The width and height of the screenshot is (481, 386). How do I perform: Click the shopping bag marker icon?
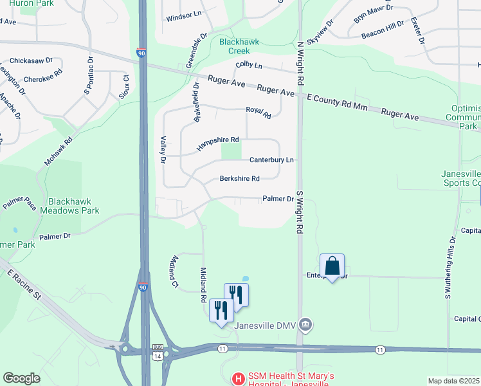tap(332, 266)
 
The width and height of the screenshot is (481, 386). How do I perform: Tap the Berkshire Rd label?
tap(239, 178)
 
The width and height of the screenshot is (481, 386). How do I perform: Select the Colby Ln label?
tap(249, 66)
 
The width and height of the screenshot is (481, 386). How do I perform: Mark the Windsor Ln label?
tap(183, 18)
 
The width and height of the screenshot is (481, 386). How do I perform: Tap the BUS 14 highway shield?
tap(157, 353)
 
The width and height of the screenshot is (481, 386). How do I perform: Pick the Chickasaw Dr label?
tap(31, 60)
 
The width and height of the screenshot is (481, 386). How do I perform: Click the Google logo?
tap(21, 378)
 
